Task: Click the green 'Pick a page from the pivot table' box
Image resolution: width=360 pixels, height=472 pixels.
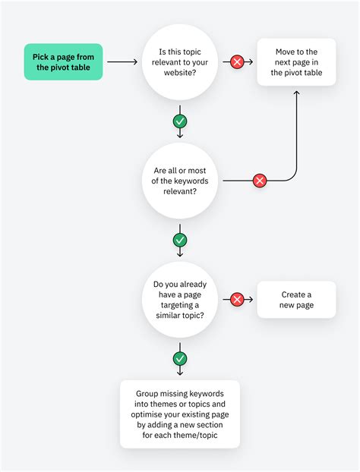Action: (x=63, y=61)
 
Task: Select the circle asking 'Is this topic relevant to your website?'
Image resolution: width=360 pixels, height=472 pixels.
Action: (x=180, y=61)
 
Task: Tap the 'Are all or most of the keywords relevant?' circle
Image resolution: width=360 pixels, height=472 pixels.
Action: (x=180, y=181)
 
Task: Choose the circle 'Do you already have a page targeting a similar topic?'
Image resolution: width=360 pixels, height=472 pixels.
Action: (x=180, y=299)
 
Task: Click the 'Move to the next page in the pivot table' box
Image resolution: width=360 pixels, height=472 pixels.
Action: (x=296, y=61)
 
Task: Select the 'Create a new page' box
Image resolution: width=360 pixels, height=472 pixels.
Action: (x=296, y=300)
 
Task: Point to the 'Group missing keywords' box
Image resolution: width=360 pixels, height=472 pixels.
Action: (x=180, y=414)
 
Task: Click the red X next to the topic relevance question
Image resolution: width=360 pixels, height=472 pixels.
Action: (x=237, y=61)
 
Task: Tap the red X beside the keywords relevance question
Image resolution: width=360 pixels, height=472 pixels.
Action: (x=260, y=181)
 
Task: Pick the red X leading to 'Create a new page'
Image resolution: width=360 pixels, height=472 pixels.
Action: (x=237, y=300)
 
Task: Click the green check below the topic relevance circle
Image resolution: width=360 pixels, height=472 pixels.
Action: (x=180, y=121)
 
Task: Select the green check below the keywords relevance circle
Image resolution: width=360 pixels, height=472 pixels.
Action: (x=180, y=240)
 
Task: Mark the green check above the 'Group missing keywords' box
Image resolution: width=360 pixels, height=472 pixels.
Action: (x=180, y=358)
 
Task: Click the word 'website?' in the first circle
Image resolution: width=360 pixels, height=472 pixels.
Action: (x=180, y=72)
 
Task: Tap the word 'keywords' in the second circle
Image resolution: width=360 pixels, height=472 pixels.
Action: (x=194, y=181)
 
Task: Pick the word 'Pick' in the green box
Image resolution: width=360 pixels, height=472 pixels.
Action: (x=42, y=56)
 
